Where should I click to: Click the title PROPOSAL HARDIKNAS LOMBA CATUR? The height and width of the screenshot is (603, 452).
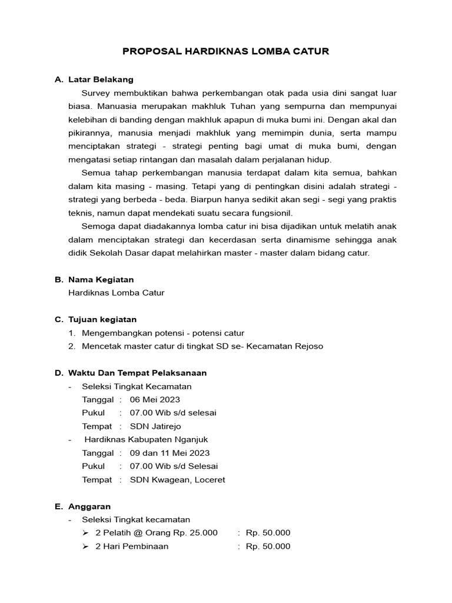[x=225, y=51]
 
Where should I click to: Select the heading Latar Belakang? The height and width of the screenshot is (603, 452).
[x=101, y=79]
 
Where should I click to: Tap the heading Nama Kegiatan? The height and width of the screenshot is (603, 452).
[x=101, y=280]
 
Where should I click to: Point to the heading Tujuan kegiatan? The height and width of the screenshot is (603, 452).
[x=102, y=319]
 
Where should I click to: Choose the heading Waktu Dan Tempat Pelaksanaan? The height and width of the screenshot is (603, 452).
[x=137, y=373]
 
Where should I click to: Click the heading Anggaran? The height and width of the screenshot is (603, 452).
[x=89, y=506]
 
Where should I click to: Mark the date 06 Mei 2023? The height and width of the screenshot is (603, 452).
[x=155, y=399]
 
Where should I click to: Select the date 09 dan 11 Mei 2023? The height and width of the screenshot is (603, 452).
[x=169, y=453]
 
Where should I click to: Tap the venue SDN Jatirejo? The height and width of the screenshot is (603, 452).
[x=155, y=426]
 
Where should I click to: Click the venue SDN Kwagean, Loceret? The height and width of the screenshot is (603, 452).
[x=177, y=479]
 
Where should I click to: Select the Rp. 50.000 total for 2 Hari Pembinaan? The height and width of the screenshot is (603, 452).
[x=268, y=546]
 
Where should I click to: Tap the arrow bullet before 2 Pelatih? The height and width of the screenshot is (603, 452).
[x=85, y=532]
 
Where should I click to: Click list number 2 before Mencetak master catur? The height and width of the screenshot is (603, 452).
[x=71, y=346]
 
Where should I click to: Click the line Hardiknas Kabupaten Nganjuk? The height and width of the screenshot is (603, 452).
[x=146, y=439]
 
